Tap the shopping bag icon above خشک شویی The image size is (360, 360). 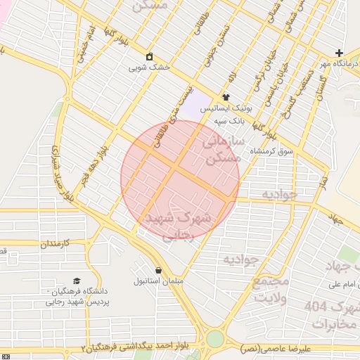(149, 57)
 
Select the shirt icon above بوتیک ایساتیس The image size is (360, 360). (226, 97)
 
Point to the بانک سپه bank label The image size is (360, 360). (229, 120)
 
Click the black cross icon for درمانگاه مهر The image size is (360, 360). (339, 53)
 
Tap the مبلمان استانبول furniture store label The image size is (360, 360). (157, 281)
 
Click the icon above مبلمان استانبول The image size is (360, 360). (157, 270)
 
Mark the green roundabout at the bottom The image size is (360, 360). (214, 339)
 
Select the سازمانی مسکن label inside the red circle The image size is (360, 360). (221, 149)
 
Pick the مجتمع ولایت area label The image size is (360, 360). (270, 289)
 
